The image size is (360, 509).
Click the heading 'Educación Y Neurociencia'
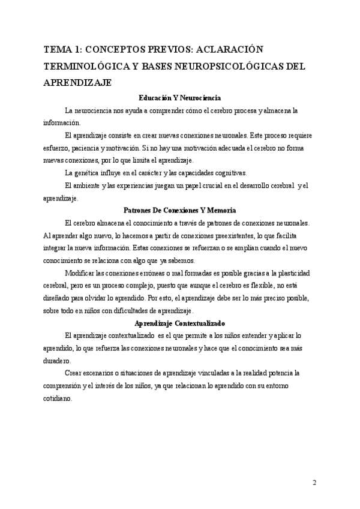pos(179,97)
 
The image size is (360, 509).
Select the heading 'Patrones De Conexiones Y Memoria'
pos(179,211)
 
